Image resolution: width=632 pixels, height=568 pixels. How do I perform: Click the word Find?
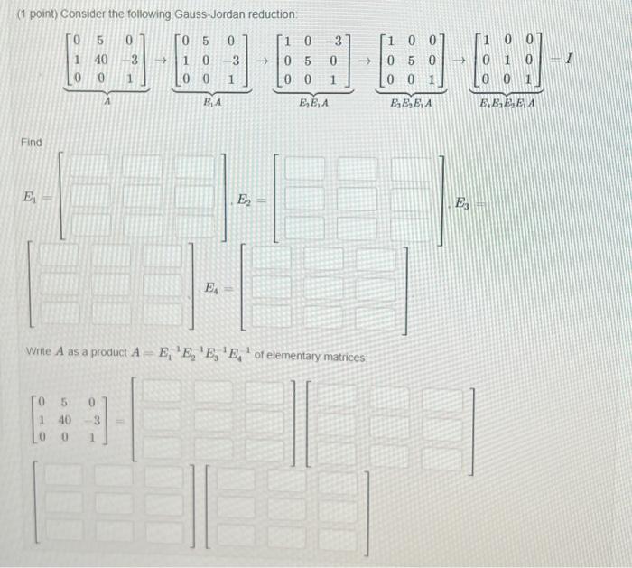pyautogui.click(x=31, y=143)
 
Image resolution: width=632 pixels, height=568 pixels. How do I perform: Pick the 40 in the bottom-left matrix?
pyautogui.click(x=65, y=419)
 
